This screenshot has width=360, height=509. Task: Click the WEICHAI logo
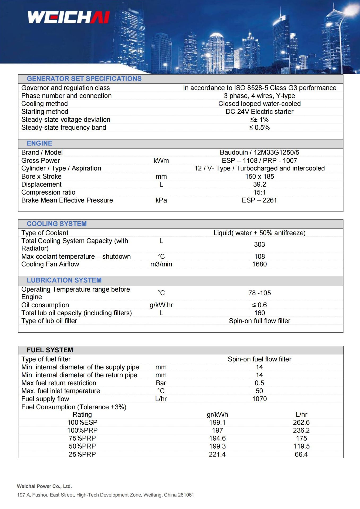tap(68, 17)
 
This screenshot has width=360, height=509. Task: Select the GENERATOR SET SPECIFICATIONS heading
tap(84, 79)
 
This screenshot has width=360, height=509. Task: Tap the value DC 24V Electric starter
tap(259, 112)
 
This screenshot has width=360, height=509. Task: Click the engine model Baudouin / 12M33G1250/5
tap(259, 152)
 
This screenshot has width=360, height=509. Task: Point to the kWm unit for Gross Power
tap(161, 160)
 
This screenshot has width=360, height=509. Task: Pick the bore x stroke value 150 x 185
tap(259, 176)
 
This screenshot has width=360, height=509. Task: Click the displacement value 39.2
tap(259, 184)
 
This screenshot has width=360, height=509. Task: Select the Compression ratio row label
tap(48, 192)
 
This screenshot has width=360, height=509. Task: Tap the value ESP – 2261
tap(259, 200)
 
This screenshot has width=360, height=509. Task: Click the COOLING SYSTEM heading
tap(57, 224)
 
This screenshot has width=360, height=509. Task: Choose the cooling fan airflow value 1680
tap(259, 264)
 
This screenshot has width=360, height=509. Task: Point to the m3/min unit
tap(161, 264)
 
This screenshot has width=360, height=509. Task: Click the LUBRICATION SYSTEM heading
tap(64, 280)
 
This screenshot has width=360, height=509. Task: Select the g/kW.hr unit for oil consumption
tap(161, 305)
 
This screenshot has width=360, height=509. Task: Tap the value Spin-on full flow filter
tap(259, 321)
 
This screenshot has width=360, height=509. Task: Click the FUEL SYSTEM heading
tap(50, 350)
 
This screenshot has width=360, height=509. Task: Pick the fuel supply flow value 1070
tap(259, 399)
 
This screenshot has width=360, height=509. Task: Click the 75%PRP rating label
tap(82, 438)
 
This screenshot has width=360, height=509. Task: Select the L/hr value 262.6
tap(301, 422)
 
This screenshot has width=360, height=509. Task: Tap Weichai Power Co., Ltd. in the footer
tap(44, 486)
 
